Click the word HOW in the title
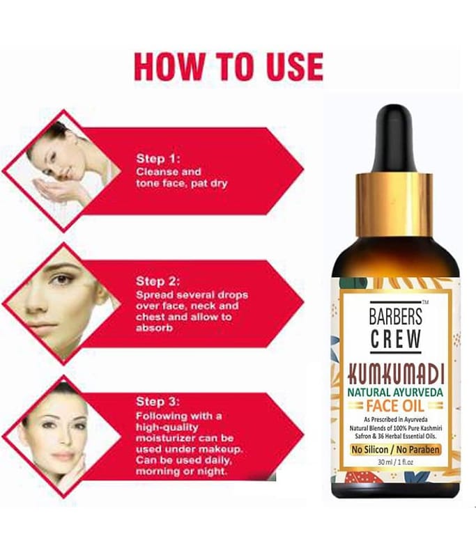[x=169, y=66]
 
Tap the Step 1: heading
[x=158, y=159]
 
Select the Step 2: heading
[x=158, y=281]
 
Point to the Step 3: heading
[x=158, y=402]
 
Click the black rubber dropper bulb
[x=394, y=139]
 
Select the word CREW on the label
[x=396, y=338]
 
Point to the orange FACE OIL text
[x=395, y=405]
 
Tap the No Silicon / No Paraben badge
[x=395, y=450]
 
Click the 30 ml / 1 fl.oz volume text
[x=395, y=462]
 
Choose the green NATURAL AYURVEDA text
[x=395, y=393]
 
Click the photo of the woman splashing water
[x=63, y=171]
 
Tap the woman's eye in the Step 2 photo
[x=61, y=279]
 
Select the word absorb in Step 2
[x=154, y=328]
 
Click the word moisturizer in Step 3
[x=167, y=438]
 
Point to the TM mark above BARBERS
[x=425, y=302]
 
